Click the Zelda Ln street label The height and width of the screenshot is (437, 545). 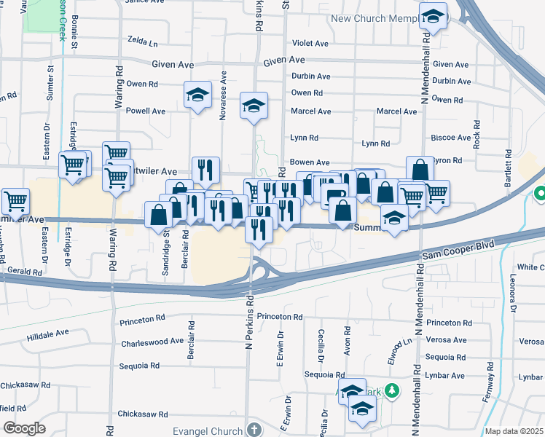[x=142, y=43]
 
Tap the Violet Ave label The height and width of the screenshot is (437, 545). [x=310, y=43]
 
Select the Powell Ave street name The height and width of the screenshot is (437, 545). [x=146, y=111]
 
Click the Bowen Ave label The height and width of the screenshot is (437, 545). [x=310, y=162]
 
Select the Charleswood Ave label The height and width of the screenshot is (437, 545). [x=152, y=341]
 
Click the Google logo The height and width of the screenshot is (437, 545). [x=24, y=428]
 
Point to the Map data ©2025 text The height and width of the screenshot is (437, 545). [x=514, y=431]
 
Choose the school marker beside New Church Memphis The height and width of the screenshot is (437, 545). [x=434, y=17]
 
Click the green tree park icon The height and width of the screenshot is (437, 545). [x=392, y=392]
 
